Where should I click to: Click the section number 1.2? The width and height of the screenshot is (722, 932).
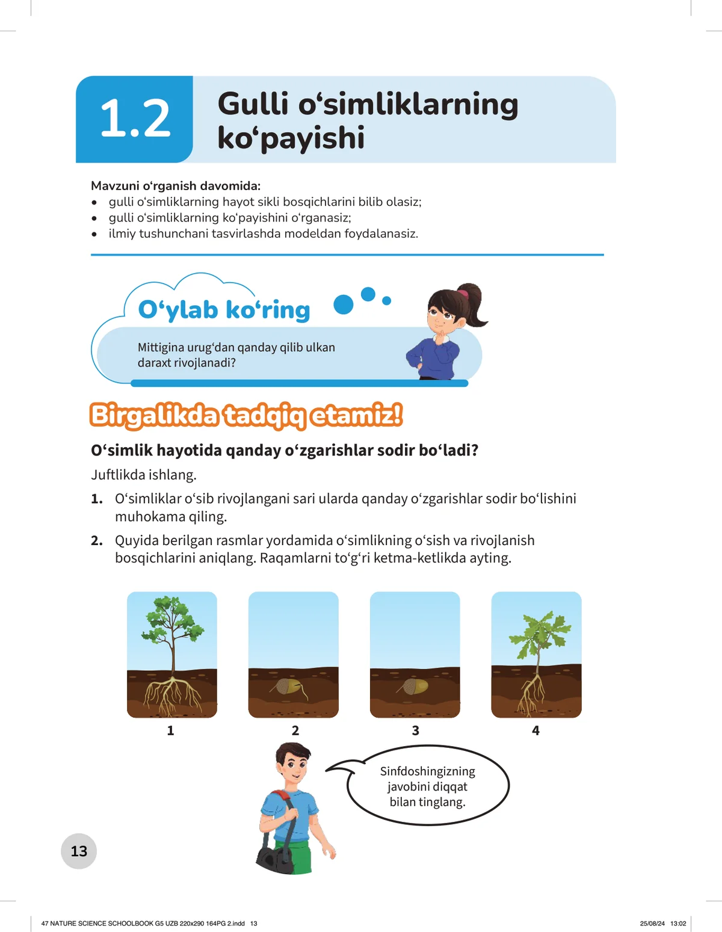[x=135, y=119]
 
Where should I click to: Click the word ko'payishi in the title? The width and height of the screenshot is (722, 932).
[x=291, y=138]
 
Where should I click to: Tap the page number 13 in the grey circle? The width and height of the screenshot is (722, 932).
[x=79, y=851]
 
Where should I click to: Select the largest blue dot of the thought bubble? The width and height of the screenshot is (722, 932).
[x=344, y=304]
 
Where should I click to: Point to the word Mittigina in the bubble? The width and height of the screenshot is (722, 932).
[x=162, y=347]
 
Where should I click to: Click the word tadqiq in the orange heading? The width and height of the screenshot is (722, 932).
[x=265, y=416]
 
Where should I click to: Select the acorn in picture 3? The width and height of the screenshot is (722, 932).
[x=414, y=686]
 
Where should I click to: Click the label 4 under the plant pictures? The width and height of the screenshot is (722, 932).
[x=535, y=730]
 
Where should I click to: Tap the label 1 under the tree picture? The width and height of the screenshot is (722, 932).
[x=170, y=730]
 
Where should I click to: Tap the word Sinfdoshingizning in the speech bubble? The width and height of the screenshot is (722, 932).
[x=427, y=771]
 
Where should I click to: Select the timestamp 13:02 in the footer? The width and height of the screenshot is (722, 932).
[x=678, y=923]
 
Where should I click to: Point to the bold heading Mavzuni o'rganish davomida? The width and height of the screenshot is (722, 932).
[x=176, y=186]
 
